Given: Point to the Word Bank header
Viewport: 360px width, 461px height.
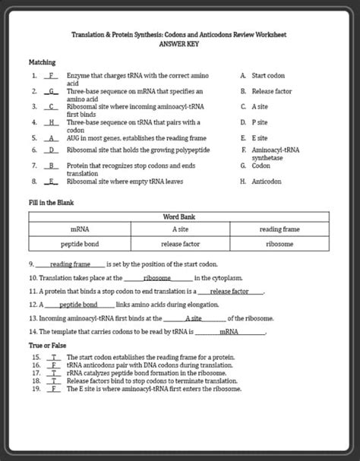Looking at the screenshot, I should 179,216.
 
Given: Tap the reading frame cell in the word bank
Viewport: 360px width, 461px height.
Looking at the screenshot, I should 279,229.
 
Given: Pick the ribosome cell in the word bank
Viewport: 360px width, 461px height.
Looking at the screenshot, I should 279,245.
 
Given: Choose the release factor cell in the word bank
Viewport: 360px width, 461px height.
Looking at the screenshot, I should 180,245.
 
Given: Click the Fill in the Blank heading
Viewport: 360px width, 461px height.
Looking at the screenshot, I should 51,203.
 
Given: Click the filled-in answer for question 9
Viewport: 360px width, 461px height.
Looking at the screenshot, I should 71,264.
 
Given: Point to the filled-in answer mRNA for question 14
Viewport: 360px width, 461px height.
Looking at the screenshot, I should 229,332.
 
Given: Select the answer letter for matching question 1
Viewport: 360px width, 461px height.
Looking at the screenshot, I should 52,77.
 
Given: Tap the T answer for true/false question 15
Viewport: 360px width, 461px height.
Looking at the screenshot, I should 54,356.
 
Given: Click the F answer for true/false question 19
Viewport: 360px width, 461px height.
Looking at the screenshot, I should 54,389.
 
